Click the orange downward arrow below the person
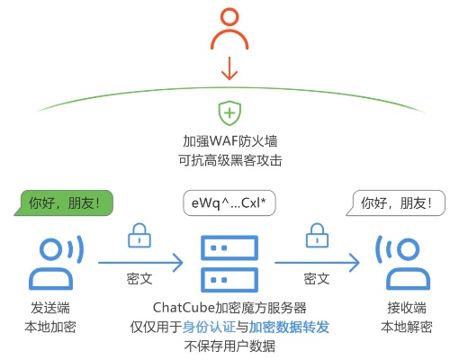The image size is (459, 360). tap(229, 67)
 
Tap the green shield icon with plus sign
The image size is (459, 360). tap(229, 114)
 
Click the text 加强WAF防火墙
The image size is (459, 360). tap(229, 142)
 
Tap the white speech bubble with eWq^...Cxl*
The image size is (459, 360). tap(229, 202)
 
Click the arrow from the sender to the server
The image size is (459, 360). tap(139, 263)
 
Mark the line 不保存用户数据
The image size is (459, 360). tap(229, 346)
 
